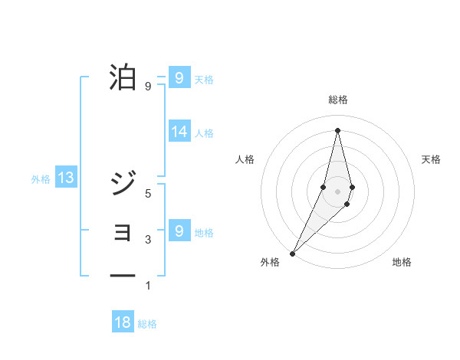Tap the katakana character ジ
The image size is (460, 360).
tap(123, 183)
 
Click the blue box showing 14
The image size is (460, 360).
tap(179, 132)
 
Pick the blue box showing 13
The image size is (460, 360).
tap(66, 178)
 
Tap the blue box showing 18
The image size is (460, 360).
tap(123, 322)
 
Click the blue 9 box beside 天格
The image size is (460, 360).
tap(179, 78)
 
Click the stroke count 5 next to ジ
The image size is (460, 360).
tap(149, 194)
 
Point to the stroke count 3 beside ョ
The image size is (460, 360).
tap(149, 240)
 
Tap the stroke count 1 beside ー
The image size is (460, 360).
tap(149, 286)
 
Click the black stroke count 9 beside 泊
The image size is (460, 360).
tap(149, 87)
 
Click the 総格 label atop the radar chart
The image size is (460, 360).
tap(338, 100)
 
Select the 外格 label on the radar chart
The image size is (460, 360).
tap(270, 262)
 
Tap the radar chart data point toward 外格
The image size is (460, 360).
tap(293, 253)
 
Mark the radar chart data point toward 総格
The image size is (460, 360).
tap(338, 129)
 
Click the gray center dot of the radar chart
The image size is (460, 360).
tap(338, 191)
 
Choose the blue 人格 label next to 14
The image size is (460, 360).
tap(204, 133)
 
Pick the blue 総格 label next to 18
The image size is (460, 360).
tap(147, 324)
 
